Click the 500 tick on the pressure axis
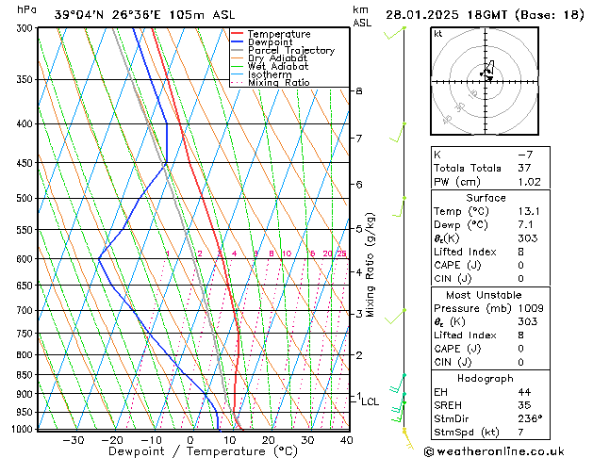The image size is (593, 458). click(x=23, y=199)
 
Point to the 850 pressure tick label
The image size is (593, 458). click(x=23, y=375)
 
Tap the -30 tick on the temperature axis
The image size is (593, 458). click(x=74, y=439)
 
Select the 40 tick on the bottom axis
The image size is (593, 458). click(x=346, y=439)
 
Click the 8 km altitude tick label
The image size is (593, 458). click(x=358, y=90)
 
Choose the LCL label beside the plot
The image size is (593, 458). click(x=370, y=401)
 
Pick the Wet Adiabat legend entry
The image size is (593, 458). click(x=277, y=67)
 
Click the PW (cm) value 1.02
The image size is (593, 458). click(x=525, y=182)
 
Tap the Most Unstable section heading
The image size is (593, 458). click(x=486, y=294)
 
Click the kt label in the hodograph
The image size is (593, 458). click(x=437, y=33)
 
